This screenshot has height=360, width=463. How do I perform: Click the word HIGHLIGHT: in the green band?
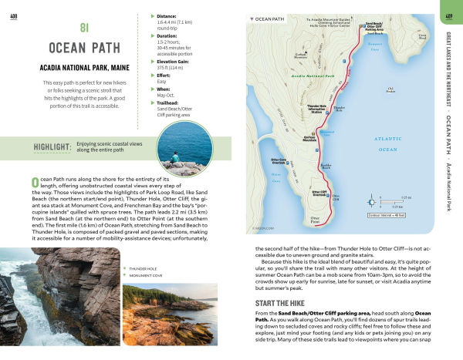coord(52,147)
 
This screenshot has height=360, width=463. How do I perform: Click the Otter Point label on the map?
coord(314,220)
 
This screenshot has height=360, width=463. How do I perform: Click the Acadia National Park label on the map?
coord(313,76)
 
